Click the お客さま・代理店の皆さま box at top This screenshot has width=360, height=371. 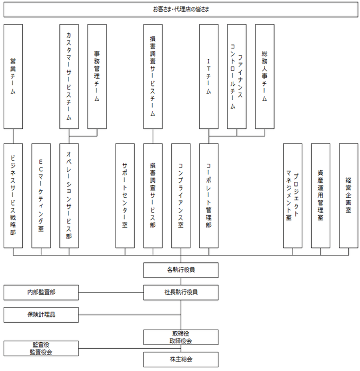pyautogui.click(x=180, y=9)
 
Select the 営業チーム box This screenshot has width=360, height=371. pyautogui.click(x=13, y=76)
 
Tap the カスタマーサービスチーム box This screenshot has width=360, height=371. pyautogui.click(x=69, y=76)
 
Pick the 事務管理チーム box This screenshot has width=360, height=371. pyautogui.click(x=97, y=76)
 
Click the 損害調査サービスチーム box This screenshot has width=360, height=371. pyautogui.click(x=153, y=76)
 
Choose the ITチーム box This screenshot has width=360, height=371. pyautogui.click(x=209, y=76)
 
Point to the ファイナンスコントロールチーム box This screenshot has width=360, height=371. pyautogui.click(x=236, y=76)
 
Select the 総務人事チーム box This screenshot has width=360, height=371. pyautogui.click(x=265, y=76)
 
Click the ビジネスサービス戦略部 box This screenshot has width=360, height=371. pyautogui.click(x=13, y=195)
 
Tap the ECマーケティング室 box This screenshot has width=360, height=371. pyautogui.click(x=41, y=195)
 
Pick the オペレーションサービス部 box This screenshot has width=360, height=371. pyautogui.click(x=69, y=195)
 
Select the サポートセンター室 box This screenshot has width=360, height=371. pyautogui.click(x=125, y=195)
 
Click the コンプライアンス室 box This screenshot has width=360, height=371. pyautogui.click(x=181, y=195)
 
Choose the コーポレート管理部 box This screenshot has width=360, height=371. pyautogui.click(x=209, y=195)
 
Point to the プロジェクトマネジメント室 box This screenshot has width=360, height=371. pyautogui.click(x=293, y=195)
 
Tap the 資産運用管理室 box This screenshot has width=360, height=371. pyautogui.click(x=321, y=195)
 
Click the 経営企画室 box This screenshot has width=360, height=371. pyautogui.click(x=348, y=195)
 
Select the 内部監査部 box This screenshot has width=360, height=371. pyautogui.click(x=41, y=292)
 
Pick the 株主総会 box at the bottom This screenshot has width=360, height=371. pyautogui.click(x=181, y=359)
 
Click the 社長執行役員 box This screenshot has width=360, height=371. pyautogui.click(x=181, y=292)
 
